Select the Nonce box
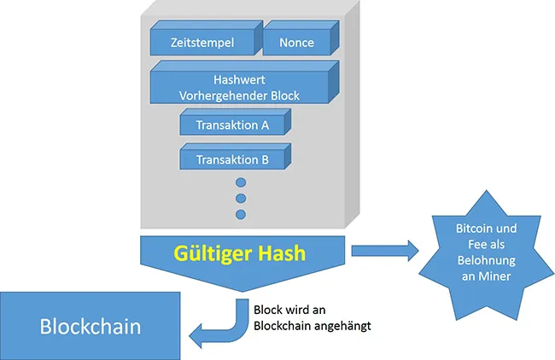point(296,43)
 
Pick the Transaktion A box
point(232,125)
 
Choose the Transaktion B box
point(232,160)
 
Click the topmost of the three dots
point(240,183)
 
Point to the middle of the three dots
point(240,198)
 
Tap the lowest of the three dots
point(240,213)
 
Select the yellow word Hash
point(277,253)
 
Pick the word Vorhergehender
point(219,96)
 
